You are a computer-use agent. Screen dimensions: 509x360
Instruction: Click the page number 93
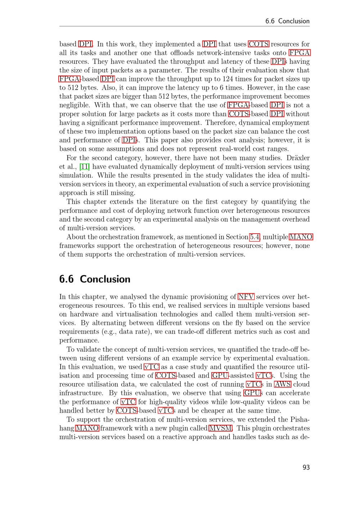pyautogui.click(x=306, y=467)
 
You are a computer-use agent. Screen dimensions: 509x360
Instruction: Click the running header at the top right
pyautogui.click(x=287, y=21)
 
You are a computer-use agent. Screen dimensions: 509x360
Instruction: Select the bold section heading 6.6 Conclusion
pyautogui.click(x=95, y=279)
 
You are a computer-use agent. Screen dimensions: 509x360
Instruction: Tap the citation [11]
pyautogui.click(x=85, y=167)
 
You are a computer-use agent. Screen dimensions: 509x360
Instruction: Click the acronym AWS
pyautogui.click(x=283, y=384)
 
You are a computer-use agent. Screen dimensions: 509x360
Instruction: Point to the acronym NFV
pyautogui.click(x=246, y=297)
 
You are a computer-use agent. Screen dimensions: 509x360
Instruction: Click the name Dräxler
pyautogui.click(x=298, y=158)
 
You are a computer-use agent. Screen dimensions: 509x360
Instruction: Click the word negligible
pyautogui.click(x=75, y=105)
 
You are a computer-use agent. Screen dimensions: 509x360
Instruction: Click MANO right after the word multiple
pyautogui.click(x=301, y=237)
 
